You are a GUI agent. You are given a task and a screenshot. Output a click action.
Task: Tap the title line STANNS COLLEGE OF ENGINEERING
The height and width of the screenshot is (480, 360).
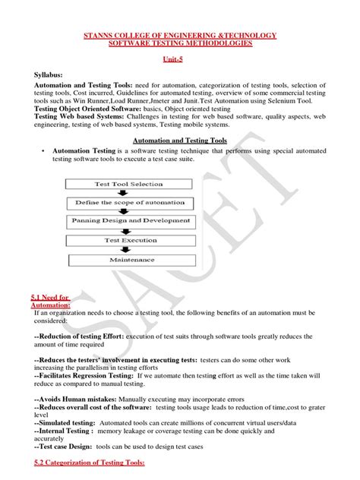pos(179,35)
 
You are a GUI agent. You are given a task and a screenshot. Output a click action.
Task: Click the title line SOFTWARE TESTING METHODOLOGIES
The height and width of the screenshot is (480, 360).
pos(179,43)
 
